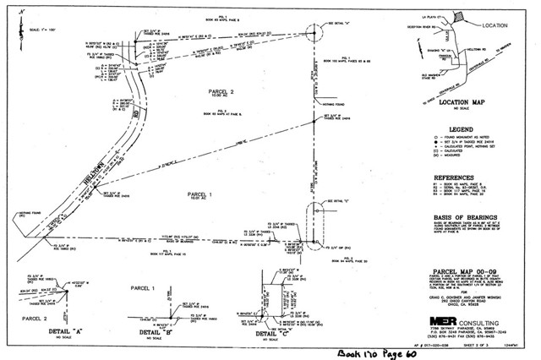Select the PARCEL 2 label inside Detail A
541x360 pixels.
[36, 319]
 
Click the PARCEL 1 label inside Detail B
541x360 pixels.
[141, 289]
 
